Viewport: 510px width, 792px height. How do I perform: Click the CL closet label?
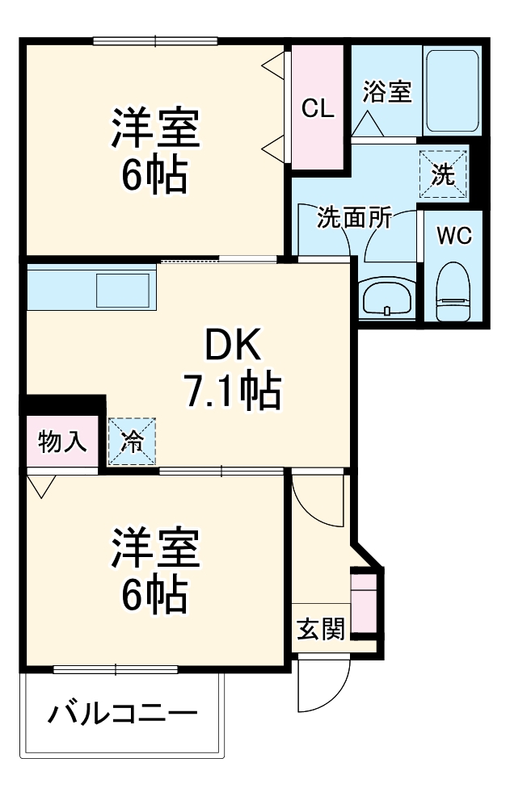point(318,108)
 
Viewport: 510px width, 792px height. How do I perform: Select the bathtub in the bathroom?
point(452,90)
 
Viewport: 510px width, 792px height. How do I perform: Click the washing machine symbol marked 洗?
point(443,174)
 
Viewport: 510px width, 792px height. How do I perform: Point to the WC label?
point(453,237)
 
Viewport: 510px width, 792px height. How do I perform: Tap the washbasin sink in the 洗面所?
point(387,300)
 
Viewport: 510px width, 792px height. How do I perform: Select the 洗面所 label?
point(354,218)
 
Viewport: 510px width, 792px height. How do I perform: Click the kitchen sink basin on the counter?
point(123,290)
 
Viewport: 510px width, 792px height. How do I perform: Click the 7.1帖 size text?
point(231,393)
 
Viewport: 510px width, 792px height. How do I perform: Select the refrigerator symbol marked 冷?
point(132,441)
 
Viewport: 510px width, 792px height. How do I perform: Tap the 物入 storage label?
point(63,442)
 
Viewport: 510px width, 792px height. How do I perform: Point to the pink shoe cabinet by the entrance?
point(364,601)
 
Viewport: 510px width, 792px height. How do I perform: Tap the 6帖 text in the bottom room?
point(155,596)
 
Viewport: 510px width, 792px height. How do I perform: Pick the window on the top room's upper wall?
point(155,41)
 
